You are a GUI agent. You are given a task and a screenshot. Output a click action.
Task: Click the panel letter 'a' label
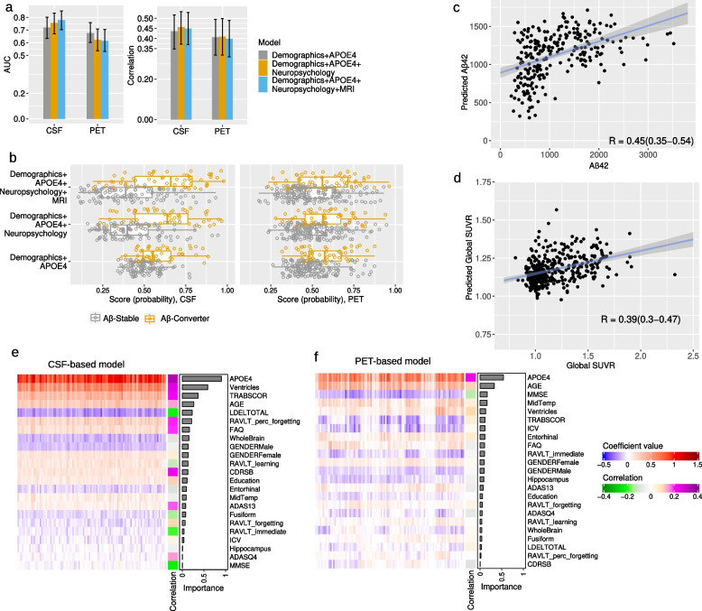pos(6,7)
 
